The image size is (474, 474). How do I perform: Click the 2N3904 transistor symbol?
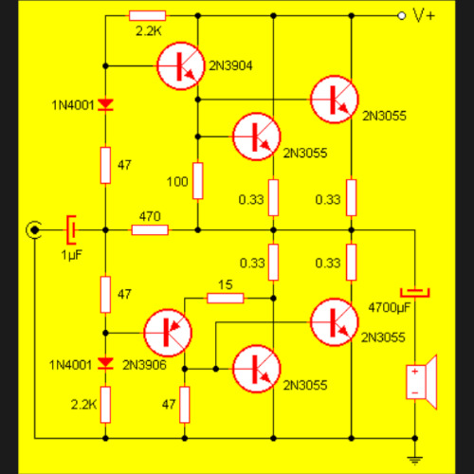pyautogui.click(x=180, y=65)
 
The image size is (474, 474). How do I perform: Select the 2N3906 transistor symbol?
pyautogui.click(x=168, y=333)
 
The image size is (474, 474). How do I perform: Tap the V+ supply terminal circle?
pyautogui.click(x=401, y=15)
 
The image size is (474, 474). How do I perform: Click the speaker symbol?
pyautogui.click(x=422, y=382)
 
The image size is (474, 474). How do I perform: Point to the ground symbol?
pyautogui.click(x=415, y=460)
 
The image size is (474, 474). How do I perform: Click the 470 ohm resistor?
pyautogui.click(x=150, y=230)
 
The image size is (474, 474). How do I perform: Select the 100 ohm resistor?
pyautogui.click(x=198, y=181)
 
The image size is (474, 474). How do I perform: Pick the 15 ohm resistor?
pyautogui.click(x=226, y=298)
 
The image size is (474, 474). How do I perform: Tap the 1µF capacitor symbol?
pyautogui.click(x=71, y=230)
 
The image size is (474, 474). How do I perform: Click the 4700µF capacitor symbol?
pyautogui.click(x=415, y=293)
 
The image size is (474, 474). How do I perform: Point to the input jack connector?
pyautogui.click(x=34, y=230)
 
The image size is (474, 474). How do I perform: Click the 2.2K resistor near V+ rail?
pyautogui.click(x=147, y=15)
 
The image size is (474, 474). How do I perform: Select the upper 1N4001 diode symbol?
pyautogui.click(x=105, y=104)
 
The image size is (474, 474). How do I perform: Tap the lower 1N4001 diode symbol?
pyautogui.click(x=105, y=363)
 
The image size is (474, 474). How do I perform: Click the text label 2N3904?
pyautogui.click(x=230, y=65)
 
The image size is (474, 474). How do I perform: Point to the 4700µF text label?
pyautogui.click(x=390, y=307)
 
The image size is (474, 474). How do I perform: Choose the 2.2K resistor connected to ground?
pyautogui.click(x=105, y=405)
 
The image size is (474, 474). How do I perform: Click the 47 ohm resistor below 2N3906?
pyautogui.click(x=185, y=405)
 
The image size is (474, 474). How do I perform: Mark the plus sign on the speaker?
pyautogui.click(x=415, y=372)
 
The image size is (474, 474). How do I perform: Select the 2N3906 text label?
pyautogui.click(x=144, y=365)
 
